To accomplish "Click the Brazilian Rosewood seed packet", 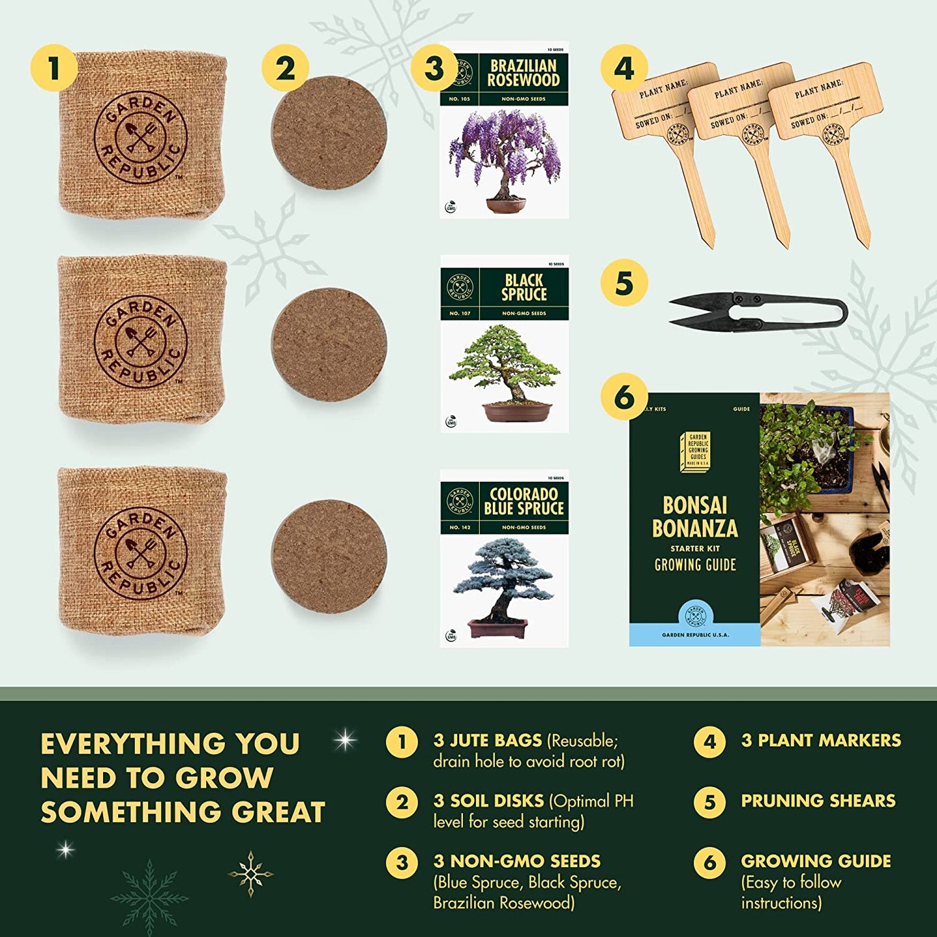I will tap(504, 130).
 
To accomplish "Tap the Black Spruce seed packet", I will tap(504, 344).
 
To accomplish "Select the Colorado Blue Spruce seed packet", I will tap(504, 558).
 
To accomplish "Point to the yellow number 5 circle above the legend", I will tap(623, 283).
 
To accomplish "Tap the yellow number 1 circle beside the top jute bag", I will tap(54, 68).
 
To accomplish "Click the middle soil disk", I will tap(329, 344).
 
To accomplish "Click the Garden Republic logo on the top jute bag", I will tap(141, 137).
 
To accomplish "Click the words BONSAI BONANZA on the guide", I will tap(694, 517).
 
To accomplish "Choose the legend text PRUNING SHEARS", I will tap(818, 801).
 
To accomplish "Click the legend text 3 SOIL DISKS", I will tap(488, 801).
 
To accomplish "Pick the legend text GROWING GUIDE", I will tap(816, 861).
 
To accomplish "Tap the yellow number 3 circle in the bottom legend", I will tap(402, 862).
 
